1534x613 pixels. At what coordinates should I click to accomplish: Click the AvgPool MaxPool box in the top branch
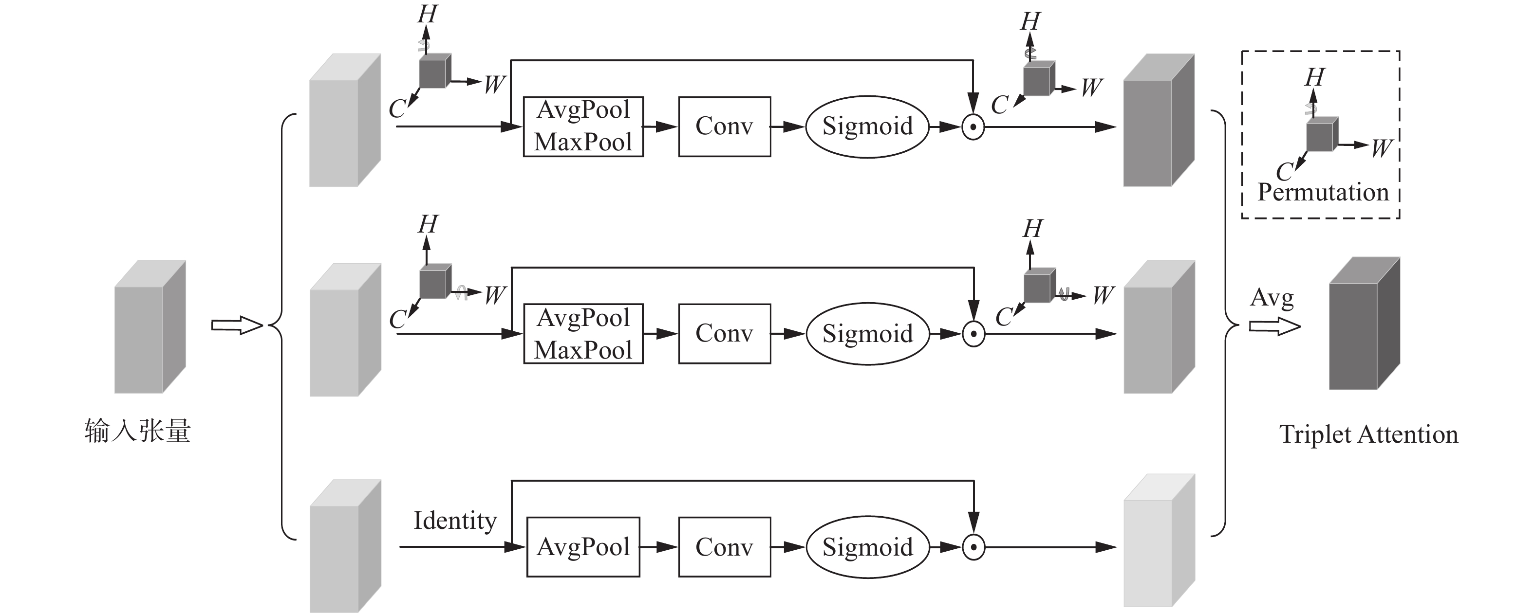(583, 127)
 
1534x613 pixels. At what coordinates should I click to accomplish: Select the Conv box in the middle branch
(724, 334)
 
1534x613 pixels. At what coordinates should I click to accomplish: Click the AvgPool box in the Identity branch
(583, 547)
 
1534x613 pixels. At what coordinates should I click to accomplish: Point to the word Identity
(455, 521)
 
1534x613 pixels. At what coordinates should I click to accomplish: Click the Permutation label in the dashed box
(1323, 192)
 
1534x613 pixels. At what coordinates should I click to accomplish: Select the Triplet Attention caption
(1368, 434)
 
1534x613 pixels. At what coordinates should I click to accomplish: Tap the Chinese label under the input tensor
(137, 431)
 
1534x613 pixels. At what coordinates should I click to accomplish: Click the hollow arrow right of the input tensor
(236, 325)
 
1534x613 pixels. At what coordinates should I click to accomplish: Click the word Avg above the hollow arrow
(1272, 298)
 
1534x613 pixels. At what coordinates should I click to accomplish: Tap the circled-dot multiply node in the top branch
(973, 127)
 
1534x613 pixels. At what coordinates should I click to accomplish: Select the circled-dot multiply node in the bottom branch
(973, 547)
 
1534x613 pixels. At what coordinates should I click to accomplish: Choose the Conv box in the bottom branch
(724, 547)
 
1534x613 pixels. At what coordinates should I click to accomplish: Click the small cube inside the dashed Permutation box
(1321, 134)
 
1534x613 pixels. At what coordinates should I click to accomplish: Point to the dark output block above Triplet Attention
(1364, 325)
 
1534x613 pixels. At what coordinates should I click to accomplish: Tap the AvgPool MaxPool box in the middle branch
(583, 334)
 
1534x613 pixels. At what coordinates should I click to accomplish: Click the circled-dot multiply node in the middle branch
(973, 334)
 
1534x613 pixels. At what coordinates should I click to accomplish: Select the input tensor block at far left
(150, 327)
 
